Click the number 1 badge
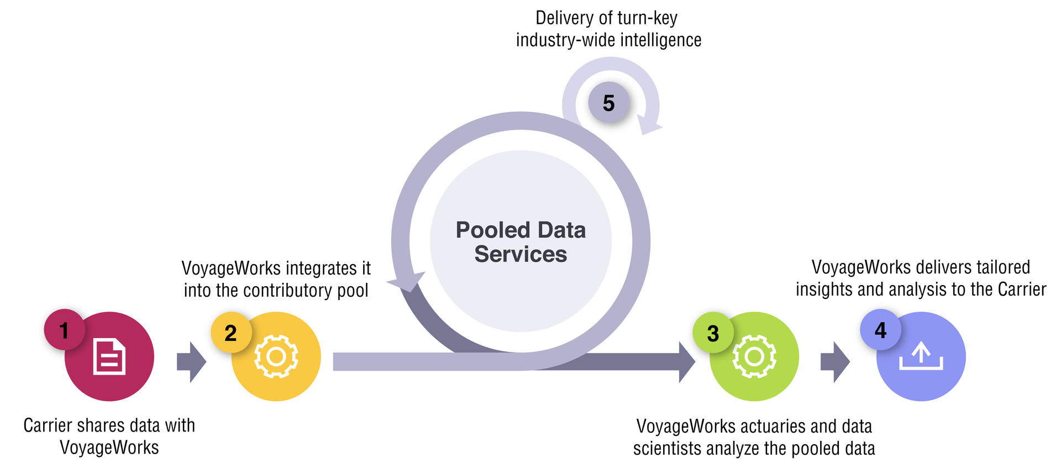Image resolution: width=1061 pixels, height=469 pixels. click(64, 330)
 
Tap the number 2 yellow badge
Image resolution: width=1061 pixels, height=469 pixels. click(231, 333)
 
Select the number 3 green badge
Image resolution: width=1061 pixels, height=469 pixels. click(713, 333)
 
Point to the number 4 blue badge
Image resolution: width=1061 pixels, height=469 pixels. click(880, 330)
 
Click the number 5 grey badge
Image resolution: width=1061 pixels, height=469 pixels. click(608, 103)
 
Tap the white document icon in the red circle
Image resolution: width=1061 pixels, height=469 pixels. click(109, 357)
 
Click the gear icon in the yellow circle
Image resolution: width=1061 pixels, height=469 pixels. click(276, 357)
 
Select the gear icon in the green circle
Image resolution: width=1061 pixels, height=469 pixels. click(754, 357)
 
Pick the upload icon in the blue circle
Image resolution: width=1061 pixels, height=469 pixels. click(921, 357)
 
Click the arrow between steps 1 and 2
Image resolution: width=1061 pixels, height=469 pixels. click(191, 362)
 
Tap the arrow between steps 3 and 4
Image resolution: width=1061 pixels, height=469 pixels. click(835, 362)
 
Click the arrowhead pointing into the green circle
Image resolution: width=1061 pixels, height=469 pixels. click(686, 362)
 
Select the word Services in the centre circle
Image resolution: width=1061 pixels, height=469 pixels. click(521, 255)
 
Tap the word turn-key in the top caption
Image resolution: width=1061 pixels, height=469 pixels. click(647, 18)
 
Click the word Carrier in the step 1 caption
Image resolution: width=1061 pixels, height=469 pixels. click(48, 425)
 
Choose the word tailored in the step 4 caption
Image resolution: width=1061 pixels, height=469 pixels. click(1003, 267)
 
